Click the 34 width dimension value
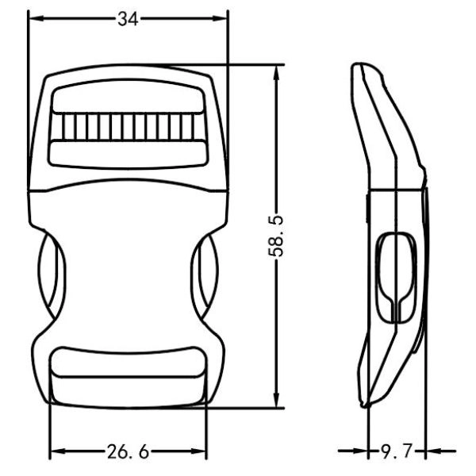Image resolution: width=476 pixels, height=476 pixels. [128, 20]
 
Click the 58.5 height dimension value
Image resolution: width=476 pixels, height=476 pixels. [277, 236]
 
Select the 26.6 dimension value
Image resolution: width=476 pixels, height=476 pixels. [128, 453]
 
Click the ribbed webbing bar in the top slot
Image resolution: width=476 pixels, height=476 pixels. [128, 127]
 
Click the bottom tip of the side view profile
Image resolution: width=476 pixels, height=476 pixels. [366, 405]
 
